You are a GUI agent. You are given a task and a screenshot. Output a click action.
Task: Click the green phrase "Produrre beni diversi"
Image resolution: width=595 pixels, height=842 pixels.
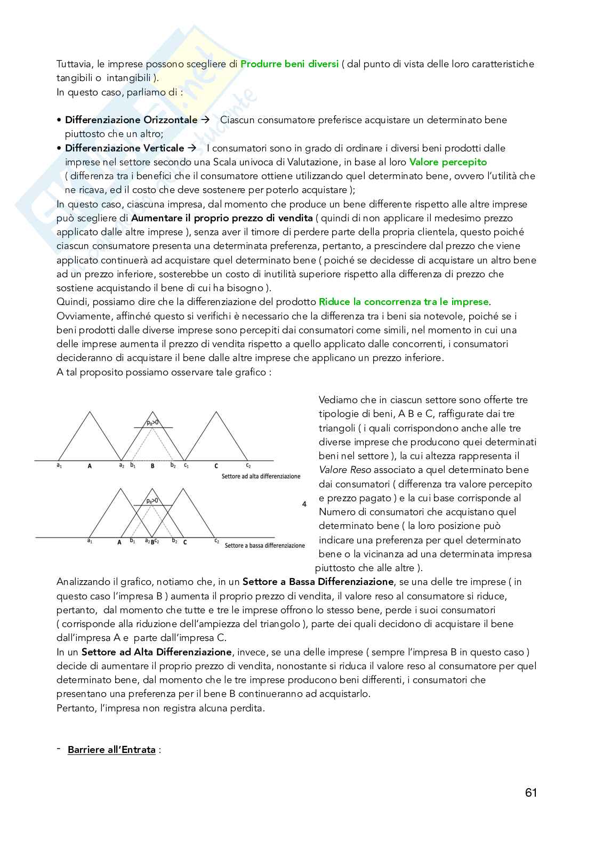pos(290,64)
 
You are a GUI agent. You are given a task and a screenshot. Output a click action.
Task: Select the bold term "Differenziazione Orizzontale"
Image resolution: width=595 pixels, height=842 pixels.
pos(131,120)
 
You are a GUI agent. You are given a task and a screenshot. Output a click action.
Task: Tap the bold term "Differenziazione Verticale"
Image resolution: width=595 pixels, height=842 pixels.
pos(124,148)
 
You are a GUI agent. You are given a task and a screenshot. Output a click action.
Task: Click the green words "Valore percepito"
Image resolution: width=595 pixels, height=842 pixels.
pos(448,162)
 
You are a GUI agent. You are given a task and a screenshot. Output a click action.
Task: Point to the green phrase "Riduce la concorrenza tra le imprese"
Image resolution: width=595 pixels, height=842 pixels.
pos(404,302)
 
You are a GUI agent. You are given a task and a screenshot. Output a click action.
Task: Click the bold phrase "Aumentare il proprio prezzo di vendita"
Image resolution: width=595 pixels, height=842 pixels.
pos(222,218)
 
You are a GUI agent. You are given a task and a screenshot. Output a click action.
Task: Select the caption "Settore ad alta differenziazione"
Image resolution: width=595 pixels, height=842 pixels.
pos(261,476)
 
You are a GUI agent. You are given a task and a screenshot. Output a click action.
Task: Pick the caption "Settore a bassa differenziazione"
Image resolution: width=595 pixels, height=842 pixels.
pos(264,546)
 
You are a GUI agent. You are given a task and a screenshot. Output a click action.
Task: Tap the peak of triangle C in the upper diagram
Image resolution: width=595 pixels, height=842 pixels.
pos(216,412)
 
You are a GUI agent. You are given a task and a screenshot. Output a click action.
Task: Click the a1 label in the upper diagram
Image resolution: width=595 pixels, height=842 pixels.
pos(59,466)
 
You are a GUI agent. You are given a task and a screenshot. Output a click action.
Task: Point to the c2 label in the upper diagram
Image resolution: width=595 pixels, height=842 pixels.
pos(247,466)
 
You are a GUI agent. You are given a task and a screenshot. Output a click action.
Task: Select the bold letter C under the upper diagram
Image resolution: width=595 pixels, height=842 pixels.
pos(216,466)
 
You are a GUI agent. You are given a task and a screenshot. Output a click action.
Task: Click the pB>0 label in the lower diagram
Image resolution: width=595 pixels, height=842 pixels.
pos(152,501)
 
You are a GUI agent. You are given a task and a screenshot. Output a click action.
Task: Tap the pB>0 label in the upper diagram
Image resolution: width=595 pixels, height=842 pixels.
pos(152,423)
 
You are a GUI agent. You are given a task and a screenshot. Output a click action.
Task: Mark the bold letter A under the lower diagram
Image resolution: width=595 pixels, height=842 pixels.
pos(119,542)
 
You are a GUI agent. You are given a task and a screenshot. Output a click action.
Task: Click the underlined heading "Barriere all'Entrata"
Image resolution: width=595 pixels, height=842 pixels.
pos(111,750)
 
